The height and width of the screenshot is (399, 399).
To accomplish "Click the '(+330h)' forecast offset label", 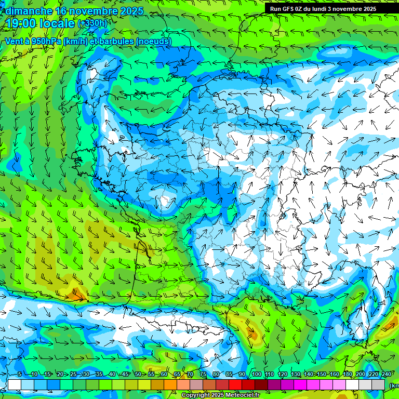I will (92, 23).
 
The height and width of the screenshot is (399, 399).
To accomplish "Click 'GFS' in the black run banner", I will (293, 9).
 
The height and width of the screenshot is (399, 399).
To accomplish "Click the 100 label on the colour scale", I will (257, 375).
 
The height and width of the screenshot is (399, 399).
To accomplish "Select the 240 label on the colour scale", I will (386, 375).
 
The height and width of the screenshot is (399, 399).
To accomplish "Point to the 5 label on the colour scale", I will (19, 375).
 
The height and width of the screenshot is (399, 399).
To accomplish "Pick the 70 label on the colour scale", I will (190, 375).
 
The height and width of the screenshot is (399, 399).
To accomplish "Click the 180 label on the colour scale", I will (347, 375).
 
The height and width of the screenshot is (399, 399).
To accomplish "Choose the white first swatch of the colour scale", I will (15, 385).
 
